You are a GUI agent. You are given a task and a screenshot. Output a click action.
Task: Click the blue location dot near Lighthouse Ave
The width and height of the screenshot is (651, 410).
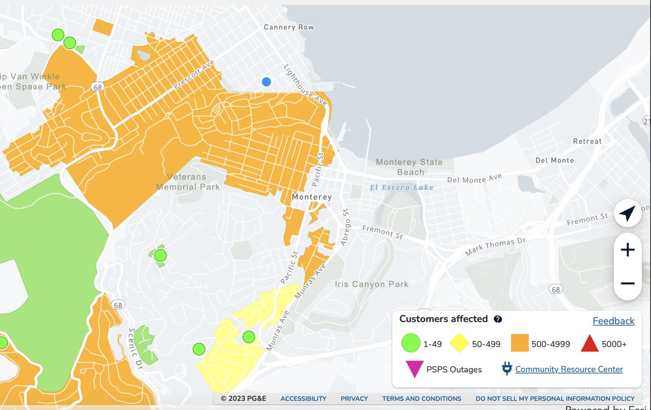[x=266, y=82]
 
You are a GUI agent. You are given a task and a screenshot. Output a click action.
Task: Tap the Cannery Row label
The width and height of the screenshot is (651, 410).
[x=289, y=27]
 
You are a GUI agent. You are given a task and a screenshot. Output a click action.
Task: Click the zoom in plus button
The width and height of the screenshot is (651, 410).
[x=628, y=249]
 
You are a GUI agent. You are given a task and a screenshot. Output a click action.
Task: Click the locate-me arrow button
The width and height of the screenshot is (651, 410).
[x=628, y=214]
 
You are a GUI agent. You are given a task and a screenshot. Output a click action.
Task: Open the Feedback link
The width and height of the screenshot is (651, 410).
[x=613, y=321]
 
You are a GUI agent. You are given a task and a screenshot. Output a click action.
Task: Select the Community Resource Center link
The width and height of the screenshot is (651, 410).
[x=569, y=369]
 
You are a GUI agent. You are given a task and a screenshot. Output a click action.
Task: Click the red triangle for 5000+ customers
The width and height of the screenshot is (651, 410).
[x=589, y=343]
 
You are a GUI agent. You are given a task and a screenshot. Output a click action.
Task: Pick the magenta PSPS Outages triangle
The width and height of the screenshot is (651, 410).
[x=414, y=369]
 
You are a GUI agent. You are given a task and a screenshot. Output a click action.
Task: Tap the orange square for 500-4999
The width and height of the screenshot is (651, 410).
[x=520, y=343]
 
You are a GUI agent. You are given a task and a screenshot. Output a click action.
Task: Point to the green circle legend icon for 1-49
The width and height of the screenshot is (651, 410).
[x=411, y=343]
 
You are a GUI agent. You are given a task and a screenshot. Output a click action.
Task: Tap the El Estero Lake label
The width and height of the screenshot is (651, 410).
[x=401, y=188]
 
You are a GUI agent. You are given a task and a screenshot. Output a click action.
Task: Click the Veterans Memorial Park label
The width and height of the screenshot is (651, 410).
[x=188, y=182]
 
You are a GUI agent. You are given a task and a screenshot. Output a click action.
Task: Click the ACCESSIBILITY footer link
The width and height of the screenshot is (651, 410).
[x=303, y=399]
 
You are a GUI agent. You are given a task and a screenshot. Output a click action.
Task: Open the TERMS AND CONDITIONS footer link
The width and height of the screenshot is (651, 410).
[x=422, y=399]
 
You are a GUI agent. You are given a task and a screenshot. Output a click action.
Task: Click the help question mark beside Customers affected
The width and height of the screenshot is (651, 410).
[x=497, y=319]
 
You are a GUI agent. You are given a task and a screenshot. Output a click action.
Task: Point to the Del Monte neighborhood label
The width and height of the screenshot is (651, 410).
[x=554, y=161]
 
